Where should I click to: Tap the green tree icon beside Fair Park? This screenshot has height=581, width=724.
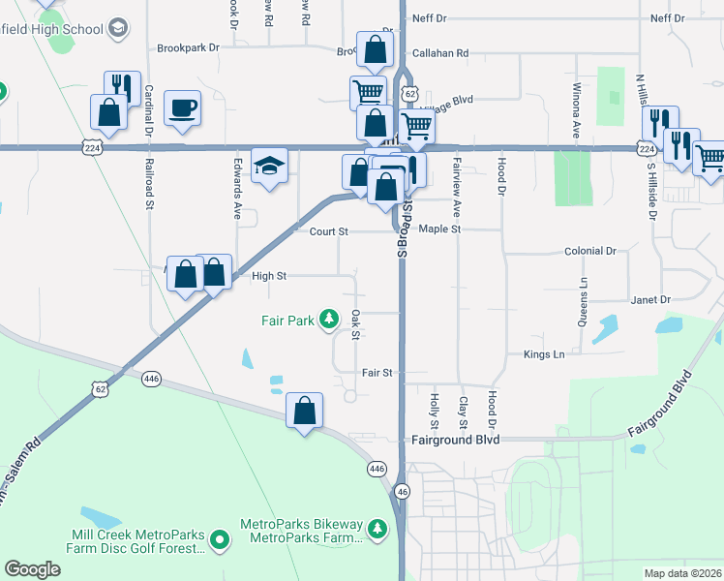click(329, 319)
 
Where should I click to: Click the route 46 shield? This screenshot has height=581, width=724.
click(403, 493)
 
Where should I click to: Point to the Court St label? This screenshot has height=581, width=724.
click(328, 232)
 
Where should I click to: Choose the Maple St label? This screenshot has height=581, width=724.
click(441, 229)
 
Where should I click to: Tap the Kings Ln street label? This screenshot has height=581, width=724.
click(544, 354)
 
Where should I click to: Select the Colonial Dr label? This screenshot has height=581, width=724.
click(589, 251)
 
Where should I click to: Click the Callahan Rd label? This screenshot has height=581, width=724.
click(439, 53)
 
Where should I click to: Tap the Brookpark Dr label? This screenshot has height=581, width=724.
click(188, 46)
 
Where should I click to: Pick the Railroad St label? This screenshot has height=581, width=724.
click(150, 184)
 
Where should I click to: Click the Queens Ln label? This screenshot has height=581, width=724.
click(584, 301)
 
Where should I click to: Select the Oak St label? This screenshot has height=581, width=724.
click(355, 324)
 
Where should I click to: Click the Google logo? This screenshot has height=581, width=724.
click(32, 569)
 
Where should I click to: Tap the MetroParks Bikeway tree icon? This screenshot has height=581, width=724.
click(376, 530)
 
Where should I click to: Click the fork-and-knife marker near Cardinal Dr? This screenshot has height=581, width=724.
click(122, 87)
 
